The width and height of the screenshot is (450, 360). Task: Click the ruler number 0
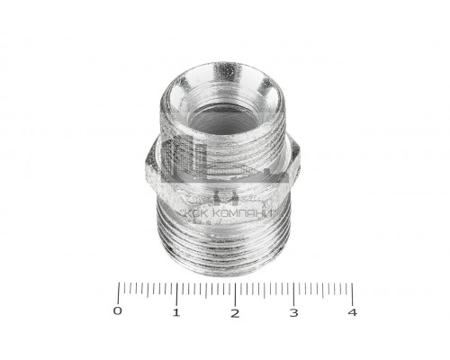click(x=118, y=311)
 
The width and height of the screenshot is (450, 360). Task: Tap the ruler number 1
click(x=176, y=312)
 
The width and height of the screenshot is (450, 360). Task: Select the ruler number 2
click(x=235, y=313)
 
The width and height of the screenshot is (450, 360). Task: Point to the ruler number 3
click(x=293, y=312)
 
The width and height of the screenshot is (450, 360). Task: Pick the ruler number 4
click(x=353, y=312)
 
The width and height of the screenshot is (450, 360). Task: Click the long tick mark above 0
click(x=119, y=292)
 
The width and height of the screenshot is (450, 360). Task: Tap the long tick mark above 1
click(x=177, y=294)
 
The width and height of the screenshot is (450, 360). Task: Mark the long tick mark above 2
click(x=235, y=294)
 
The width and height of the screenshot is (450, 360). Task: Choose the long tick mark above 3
click(x=293, y=294)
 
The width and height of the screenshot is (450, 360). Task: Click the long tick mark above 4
click(x=352, y=293)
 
